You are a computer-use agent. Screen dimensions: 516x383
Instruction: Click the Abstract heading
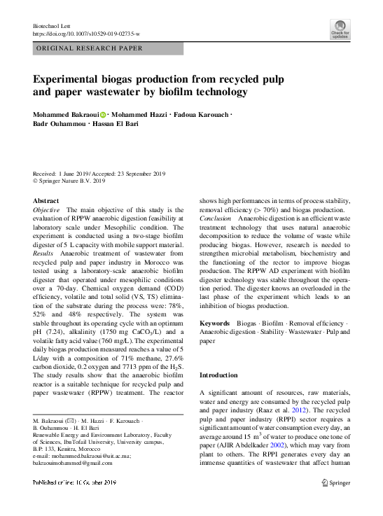(46, 200)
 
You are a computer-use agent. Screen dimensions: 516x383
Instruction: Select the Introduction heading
(218, 375)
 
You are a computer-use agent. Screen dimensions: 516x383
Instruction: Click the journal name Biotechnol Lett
(52, 25)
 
